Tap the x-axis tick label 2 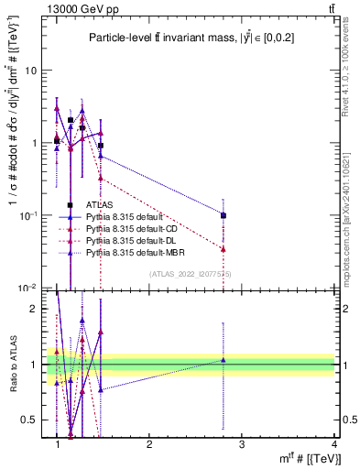(x=149, y=445)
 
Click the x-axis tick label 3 (x=242, y=445)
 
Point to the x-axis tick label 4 (x=334, y=445)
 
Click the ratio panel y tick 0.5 (x=32, y=420)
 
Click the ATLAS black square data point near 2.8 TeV (x=224, y=215)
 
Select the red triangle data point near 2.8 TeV (x=224, y=248)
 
